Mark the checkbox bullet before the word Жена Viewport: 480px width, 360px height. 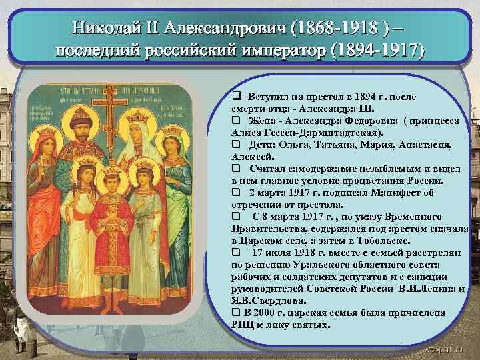tap(235, 120)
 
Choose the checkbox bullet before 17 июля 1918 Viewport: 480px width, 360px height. tap(235, 252)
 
